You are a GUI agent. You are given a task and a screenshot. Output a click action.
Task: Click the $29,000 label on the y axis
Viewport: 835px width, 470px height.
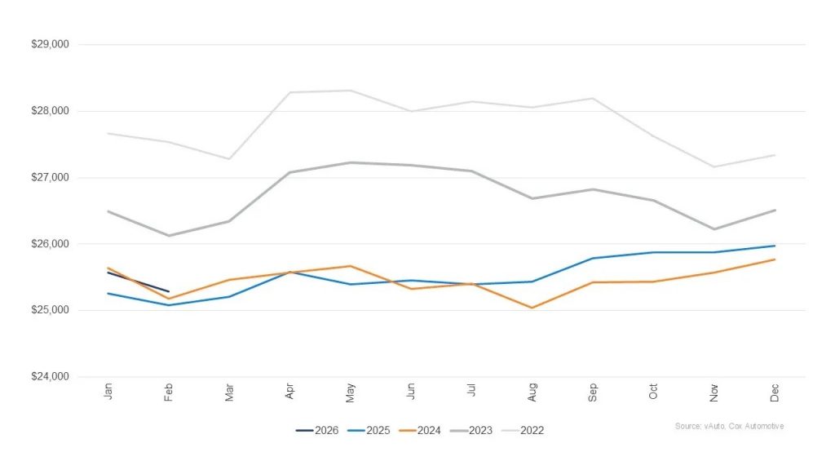(51, 44)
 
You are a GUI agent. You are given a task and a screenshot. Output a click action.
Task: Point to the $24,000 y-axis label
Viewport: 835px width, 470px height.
(51, 377)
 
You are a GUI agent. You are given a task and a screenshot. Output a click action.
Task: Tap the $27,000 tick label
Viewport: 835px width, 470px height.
(51, 177)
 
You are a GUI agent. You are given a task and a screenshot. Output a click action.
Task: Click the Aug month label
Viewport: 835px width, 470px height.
(532, 392)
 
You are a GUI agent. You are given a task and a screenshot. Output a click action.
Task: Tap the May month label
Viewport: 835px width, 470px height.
(351, 392)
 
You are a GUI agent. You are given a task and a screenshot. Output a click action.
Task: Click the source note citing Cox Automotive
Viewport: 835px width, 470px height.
(729, 426)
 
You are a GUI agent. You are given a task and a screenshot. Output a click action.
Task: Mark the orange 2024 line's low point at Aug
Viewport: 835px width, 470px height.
(532, 308)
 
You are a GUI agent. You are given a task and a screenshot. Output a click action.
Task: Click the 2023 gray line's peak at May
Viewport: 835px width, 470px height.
(351, 162)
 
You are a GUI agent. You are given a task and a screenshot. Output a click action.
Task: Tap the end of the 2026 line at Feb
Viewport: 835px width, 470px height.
(169, 291)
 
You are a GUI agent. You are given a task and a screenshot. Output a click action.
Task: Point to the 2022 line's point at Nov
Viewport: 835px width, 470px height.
(714, 166)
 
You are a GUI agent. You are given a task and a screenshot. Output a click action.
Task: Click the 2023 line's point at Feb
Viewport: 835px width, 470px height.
(169, 236)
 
